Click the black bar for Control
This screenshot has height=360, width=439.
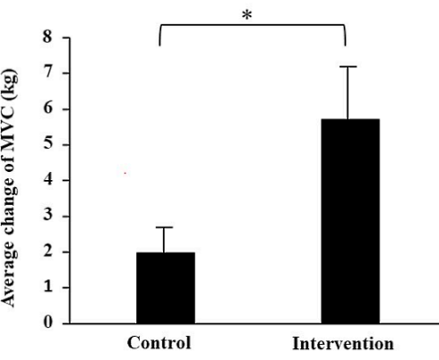click(166, 287)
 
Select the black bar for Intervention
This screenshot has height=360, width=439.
click(349, 220)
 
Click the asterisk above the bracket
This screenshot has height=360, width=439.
click(246, 16)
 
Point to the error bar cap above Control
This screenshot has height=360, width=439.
click(166, 227)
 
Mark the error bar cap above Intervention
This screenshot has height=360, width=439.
click(349, 67)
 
